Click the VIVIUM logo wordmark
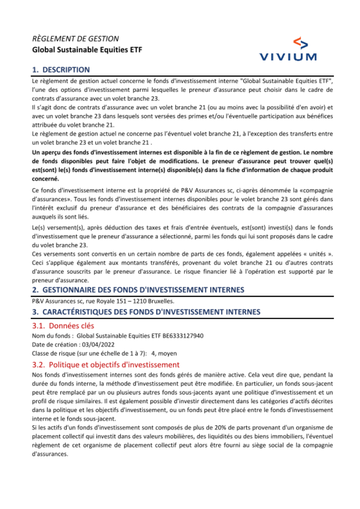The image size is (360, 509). point(288,57)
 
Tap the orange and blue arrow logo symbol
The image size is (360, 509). point(301,43)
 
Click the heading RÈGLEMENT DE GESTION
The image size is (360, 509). point(75,39)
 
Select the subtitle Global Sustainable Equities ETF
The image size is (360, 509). point(87,50)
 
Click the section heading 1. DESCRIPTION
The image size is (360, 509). point(61,70)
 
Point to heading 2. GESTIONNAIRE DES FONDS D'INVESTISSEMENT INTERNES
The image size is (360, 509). point(138,290)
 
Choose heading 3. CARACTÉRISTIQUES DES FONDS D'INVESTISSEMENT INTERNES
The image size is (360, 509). point(146,312)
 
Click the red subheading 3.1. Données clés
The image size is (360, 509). point(63,326)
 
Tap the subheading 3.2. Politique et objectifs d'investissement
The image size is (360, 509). point(106,365)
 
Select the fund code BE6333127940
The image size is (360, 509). point(183,336)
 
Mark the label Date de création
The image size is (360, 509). point(54,345)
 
